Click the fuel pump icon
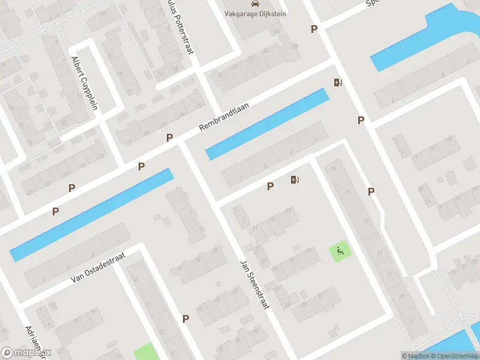click(338, 83)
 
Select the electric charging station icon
click(295, 179)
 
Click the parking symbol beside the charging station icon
click(270, 187)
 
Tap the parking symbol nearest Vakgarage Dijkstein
click(313, 29)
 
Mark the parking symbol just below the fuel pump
click(361, 120)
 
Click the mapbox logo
click(26, 353)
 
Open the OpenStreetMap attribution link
click(454, 356)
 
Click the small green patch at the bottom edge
click(146, 352)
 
